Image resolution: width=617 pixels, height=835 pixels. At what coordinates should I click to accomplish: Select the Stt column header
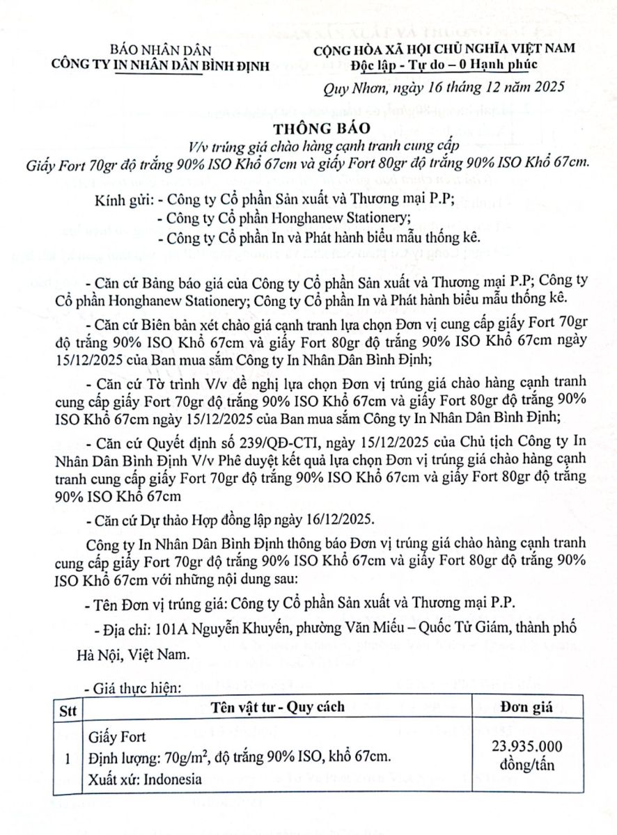tap(68, 708)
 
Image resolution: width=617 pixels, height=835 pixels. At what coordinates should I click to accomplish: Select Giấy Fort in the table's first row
tap(117, 737)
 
